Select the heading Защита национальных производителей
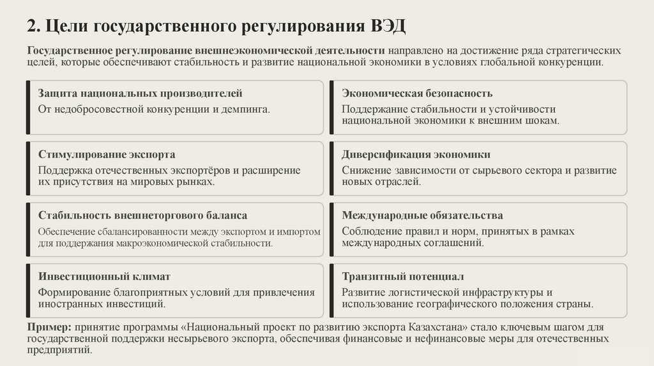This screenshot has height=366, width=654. (140, 94)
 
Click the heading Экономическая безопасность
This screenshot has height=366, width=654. (417, 94)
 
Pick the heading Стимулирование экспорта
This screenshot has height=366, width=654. (107, 154)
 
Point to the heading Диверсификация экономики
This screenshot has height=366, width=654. (416, 154)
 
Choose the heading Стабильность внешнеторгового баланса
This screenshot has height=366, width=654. (142, 216)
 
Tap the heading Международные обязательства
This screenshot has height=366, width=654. (422, 216)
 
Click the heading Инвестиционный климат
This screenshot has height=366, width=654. (104, 277)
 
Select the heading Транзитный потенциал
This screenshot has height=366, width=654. (402, 277)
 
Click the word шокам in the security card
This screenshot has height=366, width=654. (542, 120)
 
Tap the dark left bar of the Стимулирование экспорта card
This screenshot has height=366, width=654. (28, 168)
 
